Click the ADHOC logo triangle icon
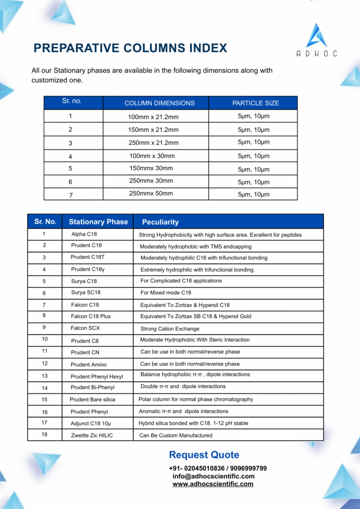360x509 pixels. click(x=316, y=35)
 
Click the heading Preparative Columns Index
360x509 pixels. click(x=130, y=48)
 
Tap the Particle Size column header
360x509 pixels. click(x=256, y=103)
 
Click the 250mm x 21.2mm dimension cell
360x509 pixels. click(x=153, y=143)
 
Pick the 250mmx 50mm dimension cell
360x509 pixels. click(x=151, y=193)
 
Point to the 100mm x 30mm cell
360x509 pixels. click(x=152, y=156)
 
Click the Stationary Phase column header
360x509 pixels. click(x=98, y=222)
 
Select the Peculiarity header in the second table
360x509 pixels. click(x=160, y=222)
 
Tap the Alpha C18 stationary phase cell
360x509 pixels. click(x=84, y=234)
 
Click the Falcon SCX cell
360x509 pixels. click(x=85, y=328)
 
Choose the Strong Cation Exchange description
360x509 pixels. click(x=170, y=329)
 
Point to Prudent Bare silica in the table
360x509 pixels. click(x=92, y=400)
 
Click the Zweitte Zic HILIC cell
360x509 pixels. click(x=91, y=435)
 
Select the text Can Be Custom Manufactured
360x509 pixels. click(x=176, y=435)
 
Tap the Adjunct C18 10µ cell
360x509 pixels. click(x=90, y=424)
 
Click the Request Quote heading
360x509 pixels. click(x=204, y=455)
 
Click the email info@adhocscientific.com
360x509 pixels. click(x=213, y=476)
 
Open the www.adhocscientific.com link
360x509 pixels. click(x=213, y=484)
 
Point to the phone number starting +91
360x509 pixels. click(x=218, y=468)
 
